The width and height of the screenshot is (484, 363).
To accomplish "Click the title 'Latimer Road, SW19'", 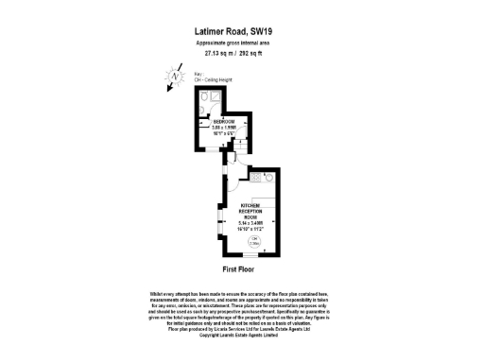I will click(241, 30).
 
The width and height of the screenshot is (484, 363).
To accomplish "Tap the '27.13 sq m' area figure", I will click(219, 54).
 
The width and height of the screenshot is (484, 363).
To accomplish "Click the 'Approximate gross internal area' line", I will click(241, 43).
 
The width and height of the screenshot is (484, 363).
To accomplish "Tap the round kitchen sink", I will click(269, 176).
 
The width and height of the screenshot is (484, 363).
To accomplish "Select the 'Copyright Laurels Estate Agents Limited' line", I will click(241, 334).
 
